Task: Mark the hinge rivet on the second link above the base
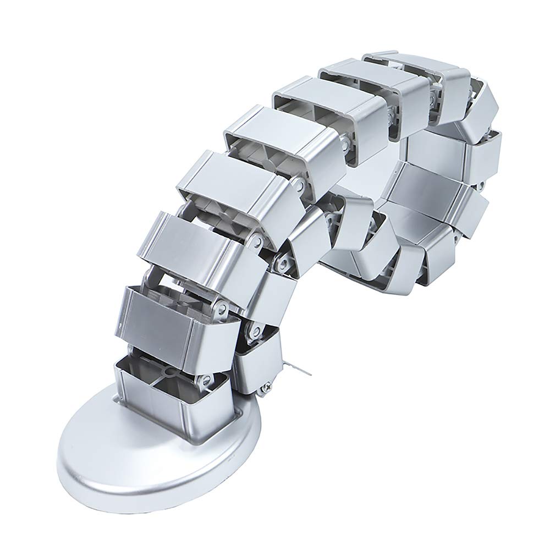point(220,308)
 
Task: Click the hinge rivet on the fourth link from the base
point(297,187)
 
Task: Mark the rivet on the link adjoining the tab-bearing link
point(283,264)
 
